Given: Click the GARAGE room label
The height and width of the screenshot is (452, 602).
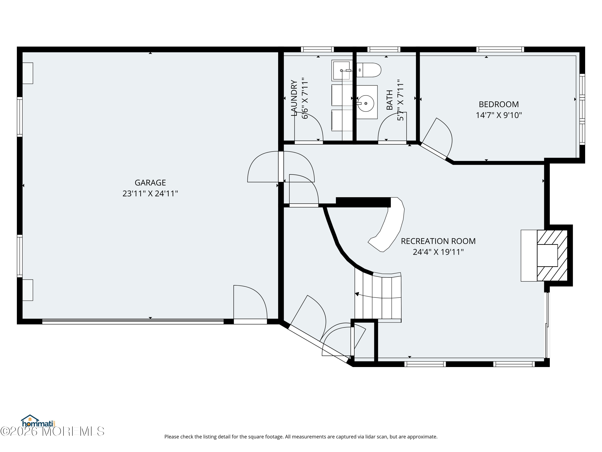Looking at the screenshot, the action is click(150, 183).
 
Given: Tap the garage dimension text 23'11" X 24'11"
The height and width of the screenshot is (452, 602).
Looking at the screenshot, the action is click(150, 193).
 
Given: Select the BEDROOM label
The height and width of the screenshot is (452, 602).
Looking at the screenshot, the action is click(499, 104).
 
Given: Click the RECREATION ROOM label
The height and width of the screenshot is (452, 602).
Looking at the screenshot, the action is click(438, 241).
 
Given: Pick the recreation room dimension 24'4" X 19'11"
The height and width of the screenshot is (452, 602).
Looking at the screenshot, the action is click(438, 252).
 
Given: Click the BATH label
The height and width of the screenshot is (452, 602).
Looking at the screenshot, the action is click(390, 100).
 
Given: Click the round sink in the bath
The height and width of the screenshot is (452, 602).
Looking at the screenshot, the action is click(366, 103).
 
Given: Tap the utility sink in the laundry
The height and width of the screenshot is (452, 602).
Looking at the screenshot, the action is click(342, 70).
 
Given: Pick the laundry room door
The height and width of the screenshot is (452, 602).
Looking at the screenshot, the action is click(309, 127).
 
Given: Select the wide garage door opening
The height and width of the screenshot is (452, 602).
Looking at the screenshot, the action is click(133, 321).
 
